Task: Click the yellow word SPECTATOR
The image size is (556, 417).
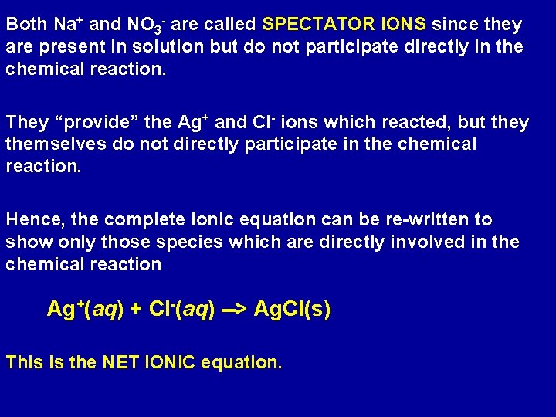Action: tap(318, 25)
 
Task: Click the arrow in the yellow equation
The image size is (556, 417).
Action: tap(235, 310)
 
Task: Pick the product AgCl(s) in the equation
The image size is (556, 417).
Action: tap(292, 310)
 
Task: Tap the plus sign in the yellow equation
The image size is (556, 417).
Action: tap(137, 310)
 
